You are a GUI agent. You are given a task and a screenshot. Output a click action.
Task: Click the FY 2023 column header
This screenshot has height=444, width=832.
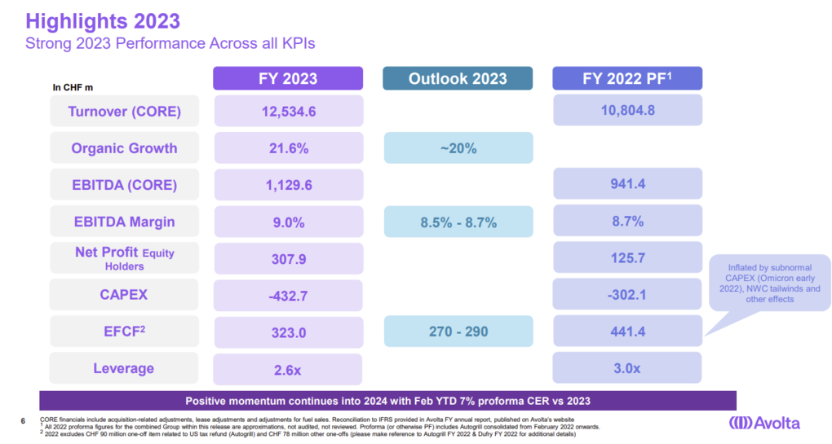click(x=288, y=78)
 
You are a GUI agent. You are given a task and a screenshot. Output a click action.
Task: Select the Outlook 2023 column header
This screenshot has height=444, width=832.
click(x=458, y=78)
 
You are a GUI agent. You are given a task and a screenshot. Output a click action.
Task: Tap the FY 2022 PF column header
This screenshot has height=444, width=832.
click(x=626, y=78)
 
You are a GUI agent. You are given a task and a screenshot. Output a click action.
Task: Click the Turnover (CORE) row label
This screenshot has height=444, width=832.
click(x=125, y=111)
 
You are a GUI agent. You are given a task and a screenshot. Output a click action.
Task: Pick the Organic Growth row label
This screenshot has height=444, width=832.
click(x=125, y=148)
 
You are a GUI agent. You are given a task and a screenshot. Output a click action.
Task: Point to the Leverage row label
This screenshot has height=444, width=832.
click(x=125, y=368)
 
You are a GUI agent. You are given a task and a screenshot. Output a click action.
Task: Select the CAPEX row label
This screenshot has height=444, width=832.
click(x=125, y=294)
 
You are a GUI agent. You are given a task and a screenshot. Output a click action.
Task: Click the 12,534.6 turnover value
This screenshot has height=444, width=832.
click(x=288, y=111)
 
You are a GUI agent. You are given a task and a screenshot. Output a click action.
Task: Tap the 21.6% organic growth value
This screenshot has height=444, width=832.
click(x=288, y=148)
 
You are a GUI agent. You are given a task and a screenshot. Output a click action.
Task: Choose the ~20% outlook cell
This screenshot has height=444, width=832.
click(x=458, y=148)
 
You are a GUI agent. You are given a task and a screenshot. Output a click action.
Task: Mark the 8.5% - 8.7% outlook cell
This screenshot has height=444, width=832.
click(x=458, y=222)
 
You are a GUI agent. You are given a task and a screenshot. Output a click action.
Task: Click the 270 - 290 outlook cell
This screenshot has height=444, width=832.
click(x=458, y=332)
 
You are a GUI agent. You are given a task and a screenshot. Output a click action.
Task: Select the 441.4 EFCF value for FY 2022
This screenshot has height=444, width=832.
click(x=626, y=332)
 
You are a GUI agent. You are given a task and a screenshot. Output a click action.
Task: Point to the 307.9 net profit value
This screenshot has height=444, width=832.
click(x=288, y=258)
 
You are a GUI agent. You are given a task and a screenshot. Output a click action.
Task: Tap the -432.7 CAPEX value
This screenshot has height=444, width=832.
click(x=288, y=294)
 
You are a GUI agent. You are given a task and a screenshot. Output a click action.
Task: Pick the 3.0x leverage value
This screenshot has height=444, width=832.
click(x=626, y=368)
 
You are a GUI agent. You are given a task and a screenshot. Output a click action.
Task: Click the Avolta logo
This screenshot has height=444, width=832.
click(x=764, y=423)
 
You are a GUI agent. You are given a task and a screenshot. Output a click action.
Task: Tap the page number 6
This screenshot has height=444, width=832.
click(x=22, y=421)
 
